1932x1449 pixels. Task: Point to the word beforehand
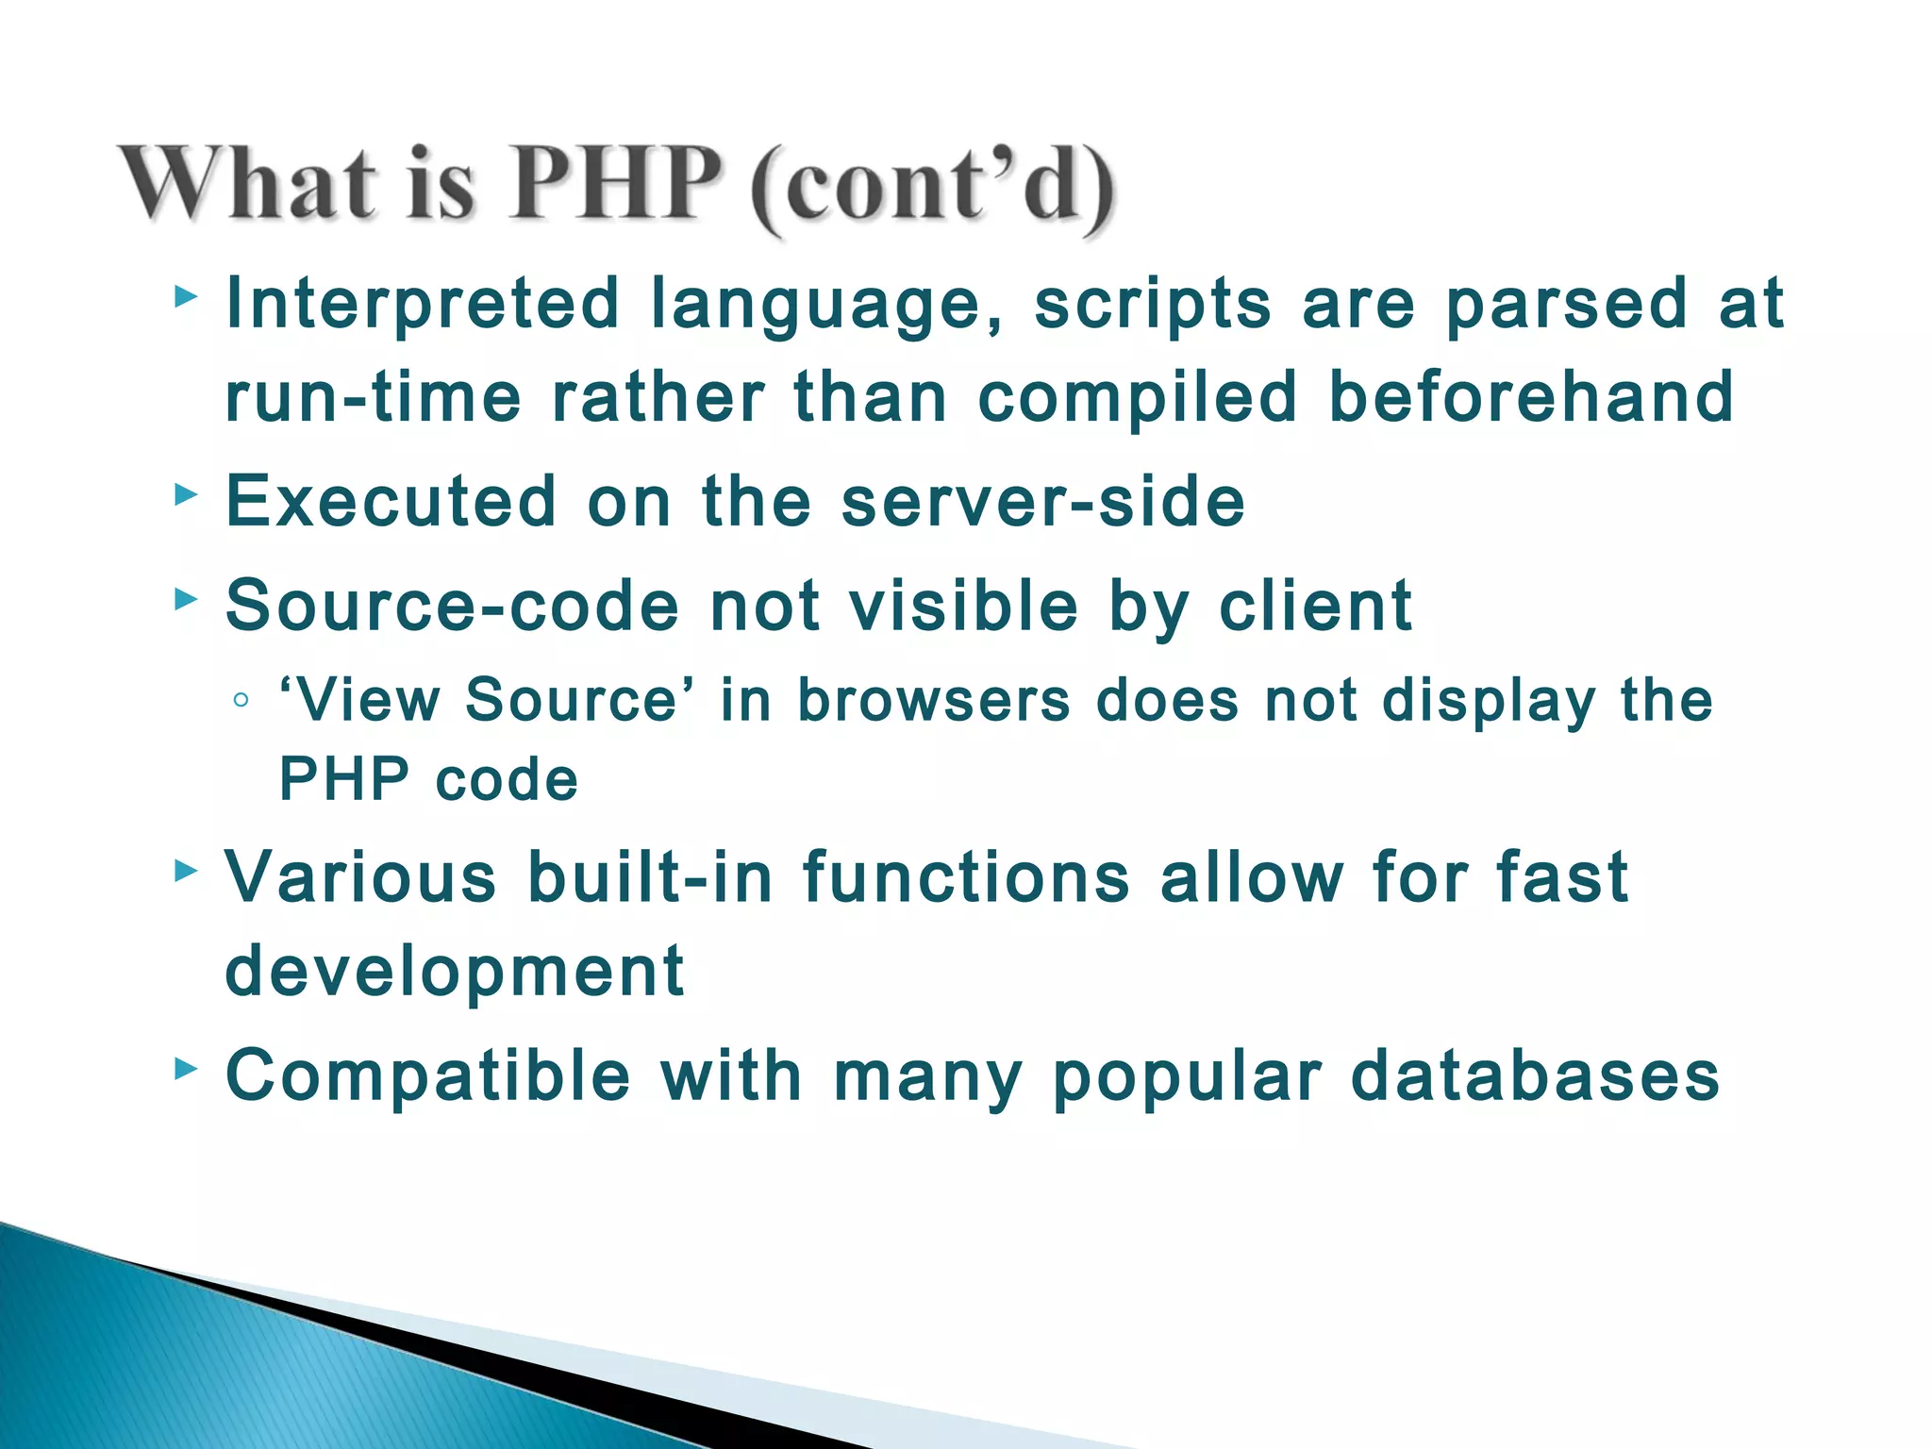click(1531, 396)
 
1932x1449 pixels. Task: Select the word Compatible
click(428, 1075)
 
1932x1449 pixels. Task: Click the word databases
click(1535, 1075)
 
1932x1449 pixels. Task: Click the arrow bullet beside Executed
click(186, 494)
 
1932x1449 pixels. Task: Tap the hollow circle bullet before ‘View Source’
click(241, 701)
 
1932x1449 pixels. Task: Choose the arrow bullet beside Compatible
click(186, 1069)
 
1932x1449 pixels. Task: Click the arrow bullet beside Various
click(186, 871)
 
